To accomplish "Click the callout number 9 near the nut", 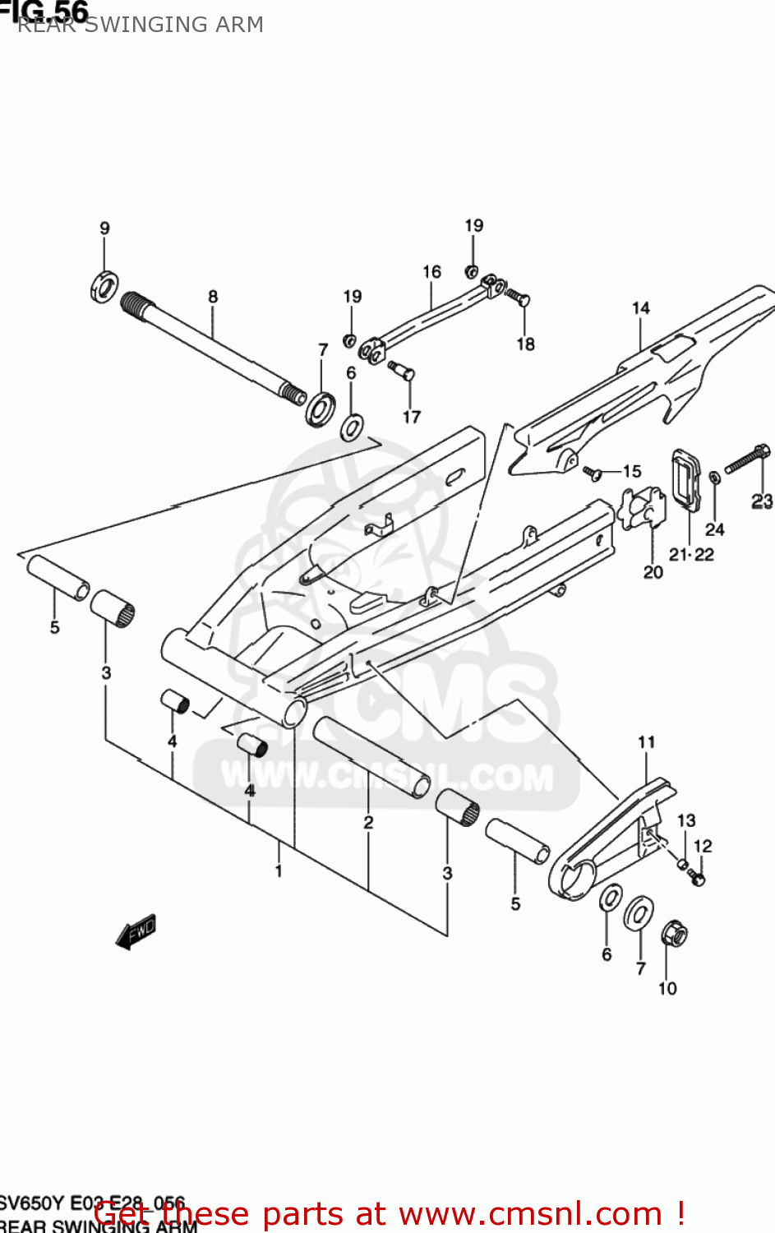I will tap(104, 229).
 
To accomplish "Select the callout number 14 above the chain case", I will tap(641, 308).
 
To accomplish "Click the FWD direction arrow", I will tap(136, 932).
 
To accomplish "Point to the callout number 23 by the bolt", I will tap(762, 501).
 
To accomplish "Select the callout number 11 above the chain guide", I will tap(647, 742).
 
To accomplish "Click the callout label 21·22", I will tap(691, 555).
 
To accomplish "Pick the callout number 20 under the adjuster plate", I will tap(653, 572).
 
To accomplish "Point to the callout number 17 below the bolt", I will tap(412, 418).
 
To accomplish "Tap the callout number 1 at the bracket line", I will tap(279, 870).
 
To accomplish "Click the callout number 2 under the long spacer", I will tap(368, 822).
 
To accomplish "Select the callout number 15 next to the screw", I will tap(632, 471).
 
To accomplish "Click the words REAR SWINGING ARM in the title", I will tap(141, 25).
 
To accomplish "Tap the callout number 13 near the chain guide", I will tap(686, 820).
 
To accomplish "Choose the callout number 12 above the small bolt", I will tap(703, 846).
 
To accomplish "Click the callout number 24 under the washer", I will tap(715, 529).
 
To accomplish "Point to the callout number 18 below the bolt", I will tap(526, 344).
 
